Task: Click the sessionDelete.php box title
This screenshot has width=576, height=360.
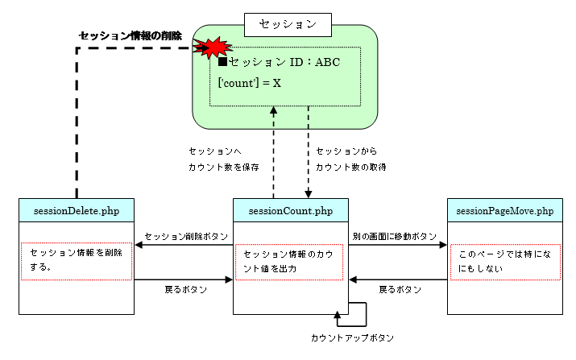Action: [77, 211]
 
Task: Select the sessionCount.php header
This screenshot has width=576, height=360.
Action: [291, 211]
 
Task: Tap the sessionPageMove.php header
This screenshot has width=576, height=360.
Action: [504, 211]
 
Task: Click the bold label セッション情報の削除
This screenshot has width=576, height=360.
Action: [130, 36]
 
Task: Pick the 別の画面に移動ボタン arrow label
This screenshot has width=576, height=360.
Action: [395, 238]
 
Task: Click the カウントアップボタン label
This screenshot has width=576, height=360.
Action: [353, 337]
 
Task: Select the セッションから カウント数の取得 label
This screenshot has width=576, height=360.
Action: [350, 159]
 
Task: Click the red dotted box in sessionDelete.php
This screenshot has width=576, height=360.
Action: [77, 261]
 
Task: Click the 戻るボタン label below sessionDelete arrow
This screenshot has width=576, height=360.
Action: [185, 288]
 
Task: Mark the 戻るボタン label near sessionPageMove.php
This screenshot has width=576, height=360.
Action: [399, 288]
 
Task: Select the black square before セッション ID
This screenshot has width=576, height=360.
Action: [223, 62]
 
